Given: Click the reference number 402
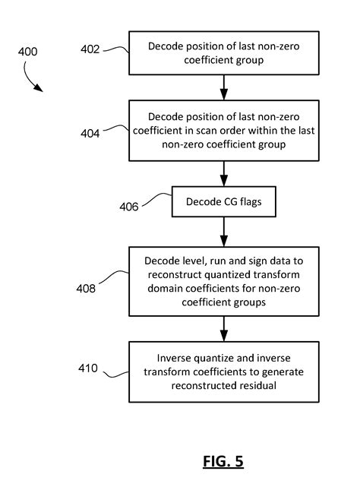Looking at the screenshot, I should click(90, 49).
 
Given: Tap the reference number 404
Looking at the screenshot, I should click(90, 134).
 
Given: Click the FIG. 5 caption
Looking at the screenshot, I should click(223, 461).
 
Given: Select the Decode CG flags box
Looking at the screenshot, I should click(223, 202).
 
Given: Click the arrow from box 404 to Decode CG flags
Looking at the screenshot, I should click(223, 173).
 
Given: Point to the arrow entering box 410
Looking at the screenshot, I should click(223, 329).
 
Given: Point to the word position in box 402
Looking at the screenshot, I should click(199, 46).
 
